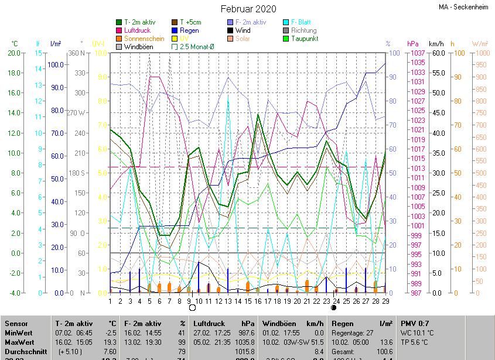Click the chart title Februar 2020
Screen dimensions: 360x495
248,9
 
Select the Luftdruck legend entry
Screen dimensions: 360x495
136,30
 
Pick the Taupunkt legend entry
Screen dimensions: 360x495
304,39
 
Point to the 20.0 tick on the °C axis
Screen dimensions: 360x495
14,53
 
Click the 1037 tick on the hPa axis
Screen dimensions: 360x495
417,53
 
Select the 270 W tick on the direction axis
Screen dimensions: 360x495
76,113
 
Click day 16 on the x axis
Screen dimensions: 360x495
258,301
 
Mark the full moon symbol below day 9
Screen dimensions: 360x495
191,307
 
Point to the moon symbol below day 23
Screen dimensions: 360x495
334,307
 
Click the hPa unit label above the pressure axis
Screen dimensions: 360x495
412,44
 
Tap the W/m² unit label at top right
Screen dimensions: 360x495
480,44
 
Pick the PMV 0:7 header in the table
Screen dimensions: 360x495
415,323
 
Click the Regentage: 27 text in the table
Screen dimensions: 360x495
353,332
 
